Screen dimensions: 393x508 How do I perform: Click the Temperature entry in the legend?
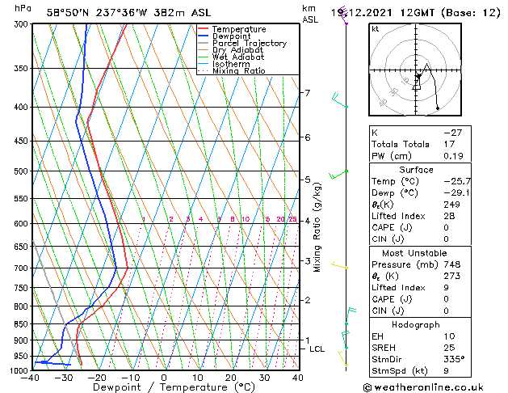(x=238, y=29)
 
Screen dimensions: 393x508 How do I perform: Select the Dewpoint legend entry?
(x=232, y=36)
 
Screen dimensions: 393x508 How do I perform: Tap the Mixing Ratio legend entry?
(x=239, y=71)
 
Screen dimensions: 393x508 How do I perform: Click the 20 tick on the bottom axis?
(x=231, y=378)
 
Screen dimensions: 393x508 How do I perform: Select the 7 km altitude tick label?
(x=307, y=93)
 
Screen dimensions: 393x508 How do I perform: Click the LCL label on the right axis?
(x=317, y=349)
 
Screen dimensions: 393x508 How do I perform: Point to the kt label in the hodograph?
(x=376, y=28)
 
